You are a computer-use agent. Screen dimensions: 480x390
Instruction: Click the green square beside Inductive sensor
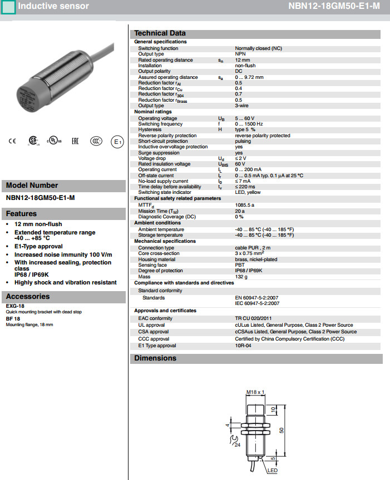tap(9, 7)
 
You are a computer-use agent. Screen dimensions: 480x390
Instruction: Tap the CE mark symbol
tap(12, 141)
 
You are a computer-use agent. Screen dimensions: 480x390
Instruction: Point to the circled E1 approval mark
tap(117, 142)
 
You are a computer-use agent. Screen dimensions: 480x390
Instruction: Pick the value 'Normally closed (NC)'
tap(258, 49)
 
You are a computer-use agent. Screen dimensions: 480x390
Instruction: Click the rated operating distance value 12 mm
tap(243, 60)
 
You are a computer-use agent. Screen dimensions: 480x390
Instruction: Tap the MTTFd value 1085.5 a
tap(245, 205)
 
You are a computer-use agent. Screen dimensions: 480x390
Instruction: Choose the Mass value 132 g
tap(241, 276)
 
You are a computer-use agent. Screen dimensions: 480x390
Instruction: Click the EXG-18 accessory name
tap(15, 306)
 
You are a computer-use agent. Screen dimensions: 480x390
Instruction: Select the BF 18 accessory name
tap(13, 319)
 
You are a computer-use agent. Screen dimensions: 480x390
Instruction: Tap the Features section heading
tap(21, 213)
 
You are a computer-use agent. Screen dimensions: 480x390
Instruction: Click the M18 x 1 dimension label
tap(255, 392)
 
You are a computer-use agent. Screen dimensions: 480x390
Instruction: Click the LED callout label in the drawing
tap(273, 471)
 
